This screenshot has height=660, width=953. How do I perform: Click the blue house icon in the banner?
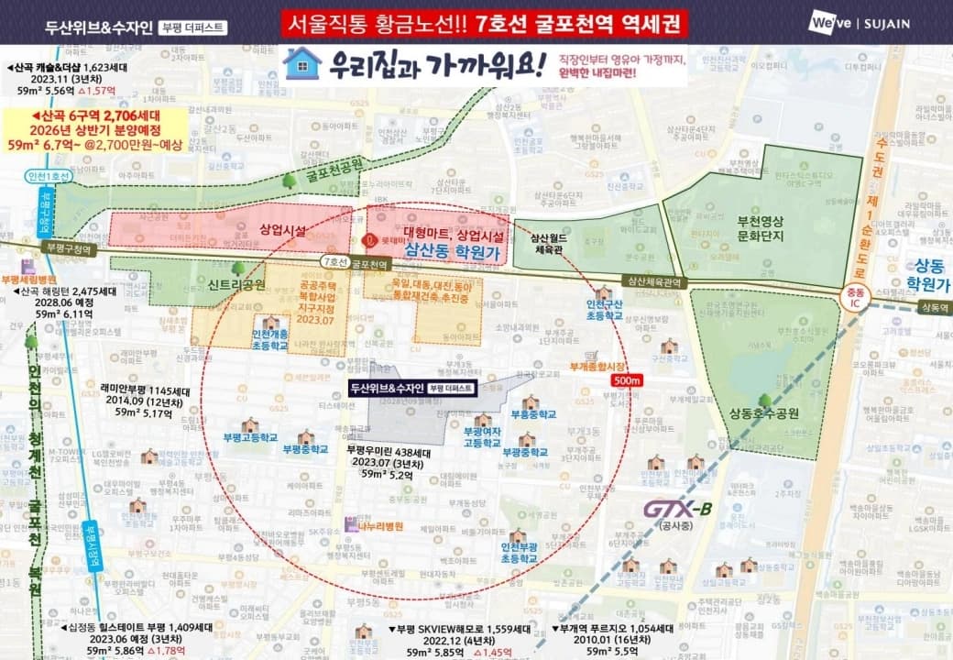pyautogui.click(x=302, y=63)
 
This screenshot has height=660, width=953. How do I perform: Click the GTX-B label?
pyautogui.click(x=677, y=510)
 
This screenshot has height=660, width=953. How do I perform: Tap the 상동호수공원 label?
pyautogui.click(x=765, y=413)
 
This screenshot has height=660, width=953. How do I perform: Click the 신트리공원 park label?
pyautogui.click(x=236, y=285)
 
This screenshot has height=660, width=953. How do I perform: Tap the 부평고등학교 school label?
pyautogui.click(x=249, y=436)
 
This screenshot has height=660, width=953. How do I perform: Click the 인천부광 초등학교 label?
pyautogui.click(x=518, y=551)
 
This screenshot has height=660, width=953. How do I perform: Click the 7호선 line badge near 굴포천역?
pyautogui.click(x=334, y=262)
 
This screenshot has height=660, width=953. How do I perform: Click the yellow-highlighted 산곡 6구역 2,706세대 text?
pyautogui.click(x=98, y=117)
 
